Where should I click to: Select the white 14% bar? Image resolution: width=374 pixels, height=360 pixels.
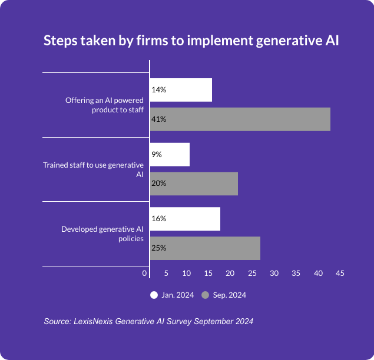[181, 90]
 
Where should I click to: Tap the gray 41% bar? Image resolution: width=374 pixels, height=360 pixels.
[240, 119]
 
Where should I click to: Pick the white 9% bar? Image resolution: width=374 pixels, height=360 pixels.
[170, 154]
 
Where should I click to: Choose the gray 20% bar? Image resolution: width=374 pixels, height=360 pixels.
[194, 183]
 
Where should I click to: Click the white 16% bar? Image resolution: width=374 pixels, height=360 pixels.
[185, 218]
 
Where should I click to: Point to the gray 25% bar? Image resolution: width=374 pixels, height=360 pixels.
[205, 248]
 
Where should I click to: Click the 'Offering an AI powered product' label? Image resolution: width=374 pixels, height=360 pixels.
[104, 105]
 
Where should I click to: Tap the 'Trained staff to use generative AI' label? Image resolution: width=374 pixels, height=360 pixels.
[93, 169]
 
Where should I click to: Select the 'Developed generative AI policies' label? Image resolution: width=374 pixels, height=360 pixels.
[102, 234]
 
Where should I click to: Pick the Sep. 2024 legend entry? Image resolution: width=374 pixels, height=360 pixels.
[224, 295]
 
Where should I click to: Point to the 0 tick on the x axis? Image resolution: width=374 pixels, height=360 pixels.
[145, 273]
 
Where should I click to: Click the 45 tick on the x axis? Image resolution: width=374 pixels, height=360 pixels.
[340, 273]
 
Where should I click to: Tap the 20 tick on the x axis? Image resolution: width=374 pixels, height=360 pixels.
[231, 273]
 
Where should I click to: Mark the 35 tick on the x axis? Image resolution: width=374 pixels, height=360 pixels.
[296, 273]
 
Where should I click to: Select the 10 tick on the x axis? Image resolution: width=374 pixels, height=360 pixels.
[187, 273]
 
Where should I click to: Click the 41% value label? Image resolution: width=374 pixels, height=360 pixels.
[158, 119]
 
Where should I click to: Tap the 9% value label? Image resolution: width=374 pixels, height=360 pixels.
[157, 154]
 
